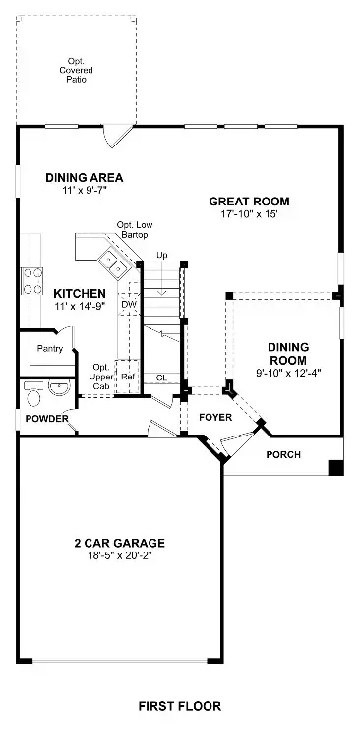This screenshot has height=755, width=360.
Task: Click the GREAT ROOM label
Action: click(x=249, y=202)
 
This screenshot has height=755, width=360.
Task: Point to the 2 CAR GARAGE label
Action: click(x=118, y=543)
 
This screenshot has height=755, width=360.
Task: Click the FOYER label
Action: click(x=214, y=417)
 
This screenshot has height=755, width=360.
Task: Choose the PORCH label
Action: click(x=284, y=454)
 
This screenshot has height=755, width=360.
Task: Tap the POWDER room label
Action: click(x=47, y=419)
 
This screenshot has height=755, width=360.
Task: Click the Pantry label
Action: click(x=50, y=349)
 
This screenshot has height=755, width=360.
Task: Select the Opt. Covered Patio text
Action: click(x=76, y=70)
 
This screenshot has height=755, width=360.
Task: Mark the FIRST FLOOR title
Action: click(x=179, y=706)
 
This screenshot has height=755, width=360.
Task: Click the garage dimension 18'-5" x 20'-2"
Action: click(x=118, y=556)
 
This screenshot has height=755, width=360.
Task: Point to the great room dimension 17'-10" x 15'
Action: click(x=249, y=215)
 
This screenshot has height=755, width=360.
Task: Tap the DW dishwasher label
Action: click(x=128, y=306)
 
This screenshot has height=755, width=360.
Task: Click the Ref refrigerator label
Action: click(x=128, y=377)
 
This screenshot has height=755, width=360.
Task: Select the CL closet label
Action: click(x=161, y=377)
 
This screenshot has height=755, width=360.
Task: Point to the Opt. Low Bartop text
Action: click(x=135, y=230)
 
